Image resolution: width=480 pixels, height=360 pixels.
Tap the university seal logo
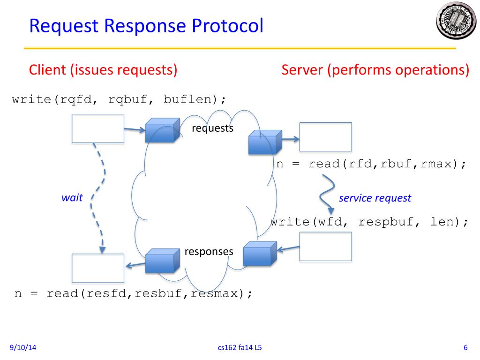point(456,20)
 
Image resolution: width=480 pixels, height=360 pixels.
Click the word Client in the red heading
point(47,70)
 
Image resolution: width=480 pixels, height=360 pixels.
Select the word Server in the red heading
point(302,70)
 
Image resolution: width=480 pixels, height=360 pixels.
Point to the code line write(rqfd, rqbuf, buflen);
point(119,99)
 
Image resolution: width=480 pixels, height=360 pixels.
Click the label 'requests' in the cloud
point(212,128)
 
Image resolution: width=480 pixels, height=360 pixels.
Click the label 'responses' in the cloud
point(209,252)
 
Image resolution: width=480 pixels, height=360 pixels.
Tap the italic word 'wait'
point(72,198)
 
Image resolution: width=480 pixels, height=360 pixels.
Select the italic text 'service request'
point(375,198)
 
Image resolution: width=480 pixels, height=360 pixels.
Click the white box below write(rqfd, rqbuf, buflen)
point(98,128)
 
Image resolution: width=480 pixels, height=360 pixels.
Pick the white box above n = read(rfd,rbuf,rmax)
point(326,137)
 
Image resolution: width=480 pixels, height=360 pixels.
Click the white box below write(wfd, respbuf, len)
point(326,247)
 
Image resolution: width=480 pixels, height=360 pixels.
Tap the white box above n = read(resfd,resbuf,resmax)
point(98,268)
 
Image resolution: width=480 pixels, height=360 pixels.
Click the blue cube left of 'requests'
point(163,130)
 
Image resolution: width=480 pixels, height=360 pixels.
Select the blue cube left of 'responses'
point(163,261)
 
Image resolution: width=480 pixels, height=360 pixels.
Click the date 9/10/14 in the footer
point(23,347)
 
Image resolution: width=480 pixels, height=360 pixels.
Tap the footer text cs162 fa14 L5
point(240,347)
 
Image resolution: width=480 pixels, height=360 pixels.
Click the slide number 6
point(465,347)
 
